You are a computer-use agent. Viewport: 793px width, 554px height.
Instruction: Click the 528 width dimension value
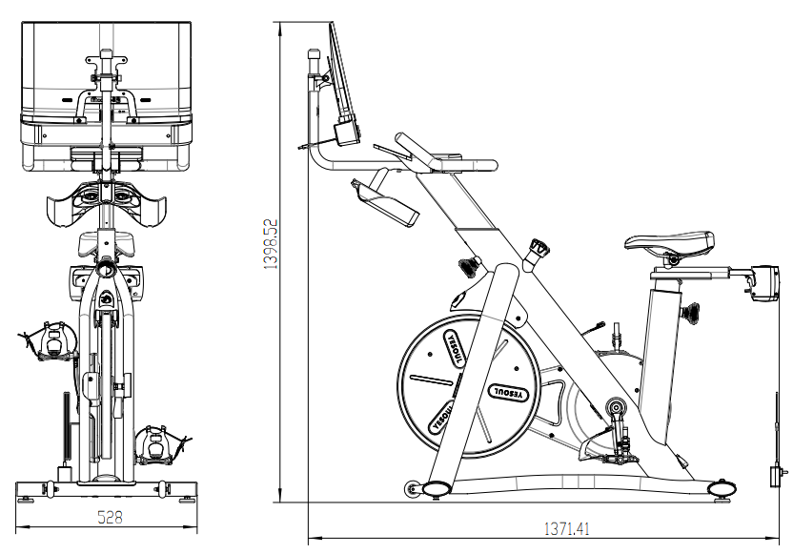tap(110, 517)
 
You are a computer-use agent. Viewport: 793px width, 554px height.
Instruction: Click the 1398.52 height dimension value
tap(271, 243)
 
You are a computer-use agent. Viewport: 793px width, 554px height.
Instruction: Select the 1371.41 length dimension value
tap(566, 529)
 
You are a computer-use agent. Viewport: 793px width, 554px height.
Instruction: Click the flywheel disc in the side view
tap(469, 386)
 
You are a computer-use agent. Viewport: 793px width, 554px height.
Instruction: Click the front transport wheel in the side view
tap(412, 489)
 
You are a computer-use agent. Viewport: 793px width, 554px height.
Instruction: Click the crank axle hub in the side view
tap(616, 407)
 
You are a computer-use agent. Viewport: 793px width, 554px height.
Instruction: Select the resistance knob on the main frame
tap(539, 248)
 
